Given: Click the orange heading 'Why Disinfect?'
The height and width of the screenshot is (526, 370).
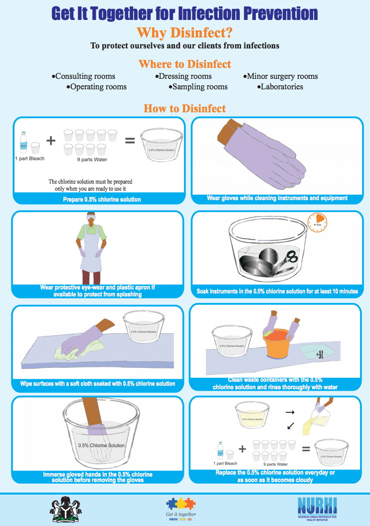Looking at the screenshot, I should (x=185, y=33).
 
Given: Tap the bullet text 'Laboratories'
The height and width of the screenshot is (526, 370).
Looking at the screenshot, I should (x=282, y=87).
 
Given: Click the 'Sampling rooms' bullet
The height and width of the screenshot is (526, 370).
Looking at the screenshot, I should (x=199, y=87).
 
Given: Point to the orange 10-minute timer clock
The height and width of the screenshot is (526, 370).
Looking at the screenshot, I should (x=318, y=221).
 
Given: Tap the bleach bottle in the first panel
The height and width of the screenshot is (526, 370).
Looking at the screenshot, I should (x=23, y=142).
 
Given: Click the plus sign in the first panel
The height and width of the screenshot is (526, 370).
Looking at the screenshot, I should (x=50, y=140).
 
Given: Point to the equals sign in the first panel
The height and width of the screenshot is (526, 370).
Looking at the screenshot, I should (x=130, y=141).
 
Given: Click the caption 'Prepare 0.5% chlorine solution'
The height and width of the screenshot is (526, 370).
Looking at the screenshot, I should (x=102, y=200).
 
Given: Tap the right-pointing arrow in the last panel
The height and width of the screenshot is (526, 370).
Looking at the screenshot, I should (x=289, y=413).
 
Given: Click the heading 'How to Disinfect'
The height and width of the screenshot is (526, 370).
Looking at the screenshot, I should (x=185, y=108).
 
